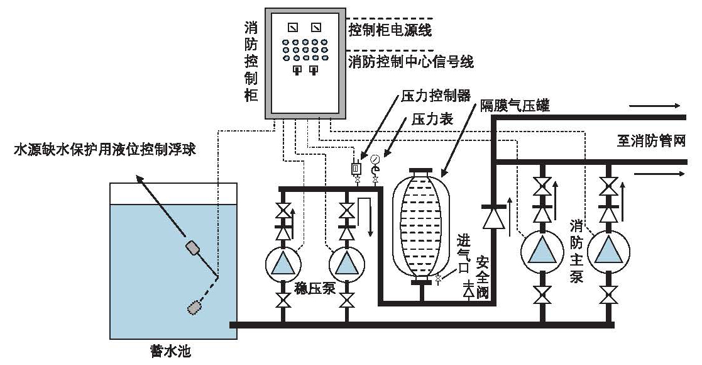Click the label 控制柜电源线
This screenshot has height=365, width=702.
(390, 30)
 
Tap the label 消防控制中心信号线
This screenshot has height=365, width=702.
(411, 62)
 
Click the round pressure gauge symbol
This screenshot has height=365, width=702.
(375, 159)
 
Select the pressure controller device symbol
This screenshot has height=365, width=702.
(356, 168)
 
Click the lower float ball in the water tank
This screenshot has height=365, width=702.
(195, 308)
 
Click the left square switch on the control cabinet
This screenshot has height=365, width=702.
(292, 27)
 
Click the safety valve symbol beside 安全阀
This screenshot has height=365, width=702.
(468, 290)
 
